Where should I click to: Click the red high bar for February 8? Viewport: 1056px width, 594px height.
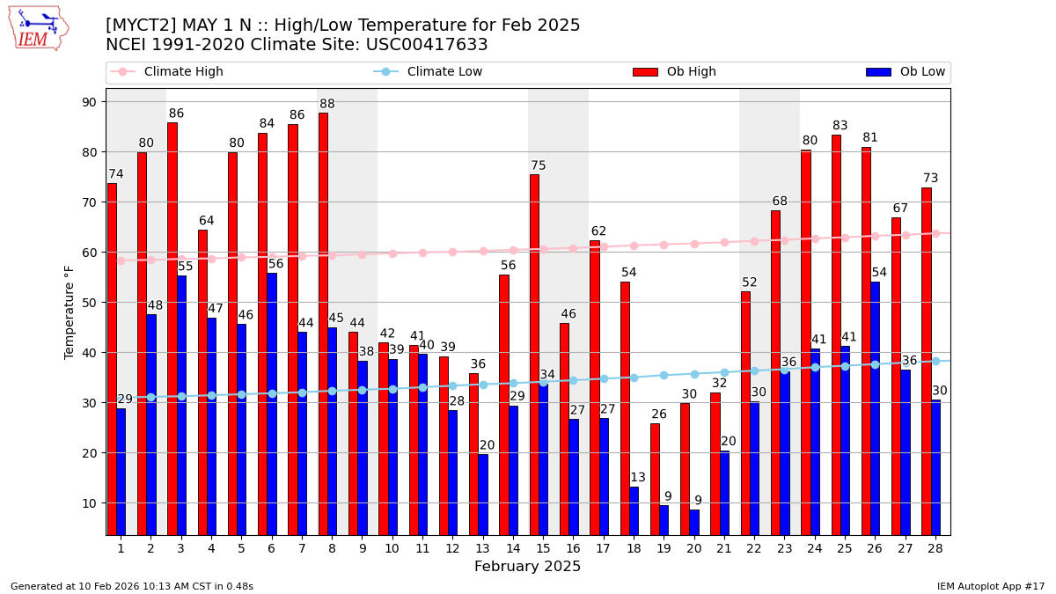(323, 324)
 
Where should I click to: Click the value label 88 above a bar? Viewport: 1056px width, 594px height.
(327, 105)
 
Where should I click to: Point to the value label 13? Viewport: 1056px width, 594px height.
(638, 478)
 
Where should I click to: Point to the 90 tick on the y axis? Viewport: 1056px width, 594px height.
(90, 102)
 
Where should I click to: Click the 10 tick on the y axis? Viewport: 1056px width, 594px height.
(90, 503)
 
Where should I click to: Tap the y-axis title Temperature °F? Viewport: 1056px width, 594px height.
(70, 312)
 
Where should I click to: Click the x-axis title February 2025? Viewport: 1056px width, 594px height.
(527, 567)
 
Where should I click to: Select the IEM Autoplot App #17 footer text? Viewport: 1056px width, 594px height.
(990, 586)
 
